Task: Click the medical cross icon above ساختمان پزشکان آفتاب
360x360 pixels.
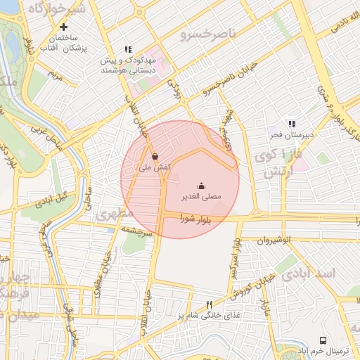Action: pos(63,27)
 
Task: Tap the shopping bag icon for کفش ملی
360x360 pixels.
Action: pos(154,156)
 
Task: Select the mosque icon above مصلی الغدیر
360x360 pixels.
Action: pos(202,186)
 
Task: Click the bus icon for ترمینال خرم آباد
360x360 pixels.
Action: pos(323,340)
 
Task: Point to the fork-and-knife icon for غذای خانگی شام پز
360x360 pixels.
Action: pos(208,304)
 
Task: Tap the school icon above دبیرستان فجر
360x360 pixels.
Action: pos(292,124)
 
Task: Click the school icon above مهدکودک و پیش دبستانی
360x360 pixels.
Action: pos(127,50)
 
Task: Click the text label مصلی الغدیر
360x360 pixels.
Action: pos(202,198)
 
